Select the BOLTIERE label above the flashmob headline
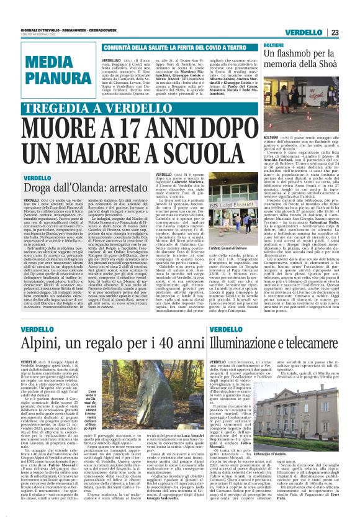coord(274,46)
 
